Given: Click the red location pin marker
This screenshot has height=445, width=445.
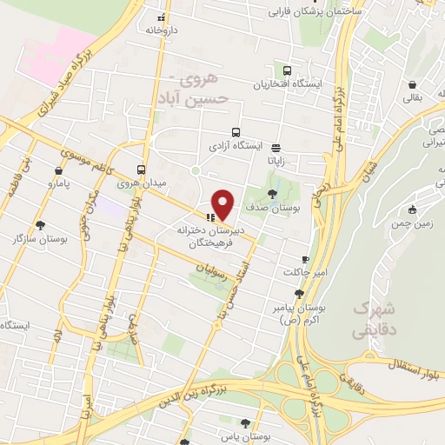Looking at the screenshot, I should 223,204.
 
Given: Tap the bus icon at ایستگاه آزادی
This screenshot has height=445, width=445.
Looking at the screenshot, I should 224,133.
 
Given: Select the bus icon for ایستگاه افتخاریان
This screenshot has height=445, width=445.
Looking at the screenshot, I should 286,70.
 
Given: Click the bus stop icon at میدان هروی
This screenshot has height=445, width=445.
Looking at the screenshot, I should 141,169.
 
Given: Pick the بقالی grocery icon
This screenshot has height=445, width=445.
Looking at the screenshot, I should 409,84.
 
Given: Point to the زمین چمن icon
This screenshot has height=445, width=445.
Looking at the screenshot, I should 413,209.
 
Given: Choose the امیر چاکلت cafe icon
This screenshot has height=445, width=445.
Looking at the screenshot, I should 305,259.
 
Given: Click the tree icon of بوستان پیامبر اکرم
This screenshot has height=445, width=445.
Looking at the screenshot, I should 299,294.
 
